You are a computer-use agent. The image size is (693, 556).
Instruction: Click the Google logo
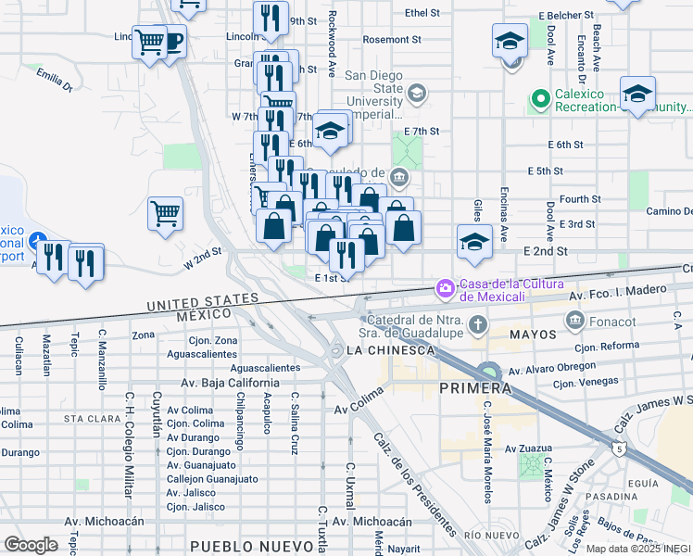point(31,545)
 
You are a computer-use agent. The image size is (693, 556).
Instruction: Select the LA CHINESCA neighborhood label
point(389,350)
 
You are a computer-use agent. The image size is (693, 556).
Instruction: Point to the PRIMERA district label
point(474,387)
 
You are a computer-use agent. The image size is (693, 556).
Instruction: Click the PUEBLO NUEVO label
point(238,546)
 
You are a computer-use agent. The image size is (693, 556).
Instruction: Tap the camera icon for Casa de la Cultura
point(446,289)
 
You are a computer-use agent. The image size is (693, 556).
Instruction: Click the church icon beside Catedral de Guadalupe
point(477,323)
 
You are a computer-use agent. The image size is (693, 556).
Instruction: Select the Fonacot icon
point(573,321)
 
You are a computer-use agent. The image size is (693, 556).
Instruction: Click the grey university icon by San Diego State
point(417,92)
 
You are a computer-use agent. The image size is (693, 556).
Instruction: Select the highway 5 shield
point(617,448)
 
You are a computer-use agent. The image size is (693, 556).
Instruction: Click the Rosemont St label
point(391,40)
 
